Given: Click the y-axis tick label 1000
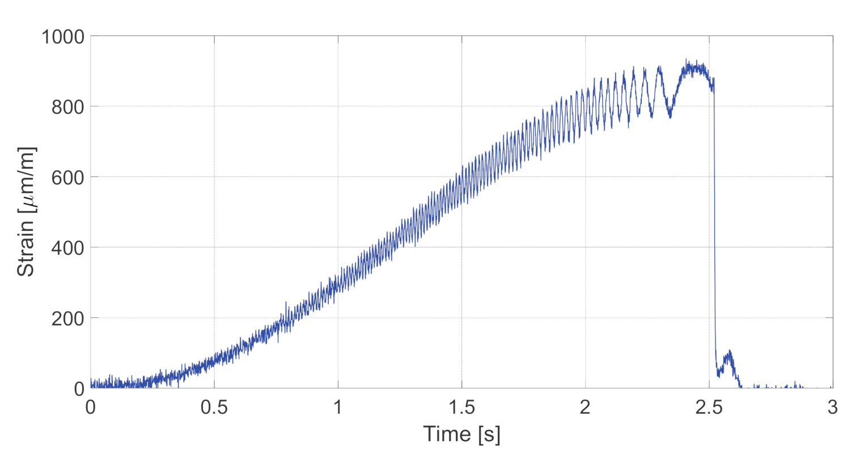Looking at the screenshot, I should [63, 37].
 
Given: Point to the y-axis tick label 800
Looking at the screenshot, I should [68, 107].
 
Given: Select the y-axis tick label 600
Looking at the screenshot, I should [68, 177].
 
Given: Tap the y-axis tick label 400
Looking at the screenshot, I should [68, 248].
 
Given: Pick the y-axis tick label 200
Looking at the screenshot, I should [68, 318].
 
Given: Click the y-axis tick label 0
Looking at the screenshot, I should [79, 389].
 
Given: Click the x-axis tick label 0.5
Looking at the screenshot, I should [214, 408].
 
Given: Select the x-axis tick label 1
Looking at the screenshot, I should [338, 408].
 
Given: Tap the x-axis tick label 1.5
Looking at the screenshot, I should [461, 408].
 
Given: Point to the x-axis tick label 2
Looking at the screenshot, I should [585, 408].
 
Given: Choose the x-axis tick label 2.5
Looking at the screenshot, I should [709, 408].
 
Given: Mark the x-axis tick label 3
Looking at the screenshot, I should [832, 408].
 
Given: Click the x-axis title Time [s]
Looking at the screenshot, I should [461, 434].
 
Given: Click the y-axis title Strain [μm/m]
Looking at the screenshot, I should [26, 212].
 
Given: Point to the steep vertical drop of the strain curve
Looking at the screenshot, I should [714, 226].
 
